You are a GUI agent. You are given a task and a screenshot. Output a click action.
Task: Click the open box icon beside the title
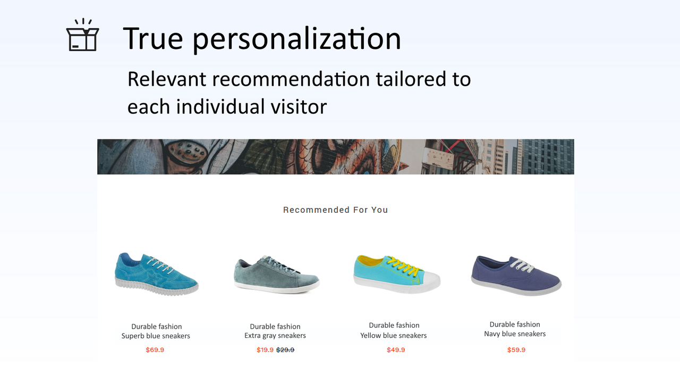82,36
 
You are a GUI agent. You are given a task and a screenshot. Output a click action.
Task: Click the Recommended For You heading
335,210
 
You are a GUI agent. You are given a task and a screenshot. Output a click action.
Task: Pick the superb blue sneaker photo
156,274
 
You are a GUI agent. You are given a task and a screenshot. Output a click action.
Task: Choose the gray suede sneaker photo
276,274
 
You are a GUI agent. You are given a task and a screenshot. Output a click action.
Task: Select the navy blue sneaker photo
515,274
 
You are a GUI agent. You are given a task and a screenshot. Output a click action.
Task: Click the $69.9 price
155,350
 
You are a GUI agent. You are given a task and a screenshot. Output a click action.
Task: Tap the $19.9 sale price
265,350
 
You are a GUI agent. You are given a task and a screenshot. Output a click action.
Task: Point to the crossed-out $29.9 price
285,350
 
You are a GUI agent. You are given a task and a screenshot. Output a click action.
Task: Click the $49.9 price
396,350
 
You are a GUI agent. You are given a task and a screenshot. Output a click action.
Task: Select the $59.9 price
516,350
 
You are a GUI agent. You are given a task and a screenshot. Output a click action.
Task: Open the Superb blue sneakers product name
156,336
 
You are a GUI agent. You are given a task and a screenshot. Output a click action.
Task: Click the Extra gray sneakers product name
275,336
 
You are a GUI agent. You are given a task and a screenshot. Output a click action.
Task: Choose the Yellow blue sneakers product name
394,336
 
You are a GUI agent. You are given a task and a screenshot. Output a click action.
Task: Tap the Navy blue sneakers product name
515,334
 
